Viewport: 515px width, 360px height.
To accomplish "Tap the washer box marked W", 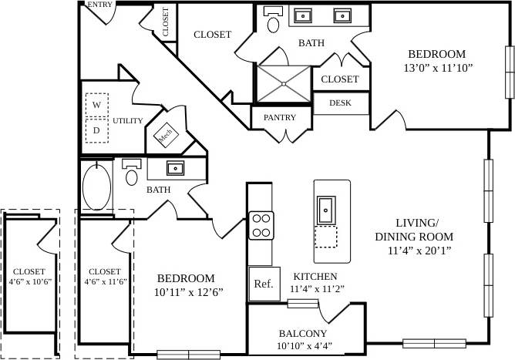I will tap(96, 104).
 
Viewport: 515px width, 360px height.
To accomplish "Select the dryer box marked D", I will tap(96, 130).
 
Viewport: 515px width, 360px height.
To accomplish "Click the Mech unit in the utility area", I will tap(165, 136).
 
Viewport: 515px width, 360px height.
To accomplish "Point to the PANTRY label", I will tap(280, 118).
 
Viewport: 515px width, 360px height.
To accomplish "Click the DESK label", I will tap(340, 103).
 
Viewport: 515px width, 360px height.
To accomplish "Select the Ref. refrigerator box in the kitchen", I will tap(263, 284).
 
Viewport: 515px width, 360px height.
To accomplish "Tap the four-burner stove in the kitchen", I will tap(261, 225).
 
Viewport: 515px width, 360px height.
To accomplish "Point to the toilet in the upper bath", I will tap(273, 21).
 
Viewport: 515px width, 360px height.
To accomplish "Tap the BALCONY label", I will tap(303, 334).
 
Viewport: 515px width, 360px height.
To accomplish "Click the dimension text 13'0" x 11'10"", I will tap(437, 68).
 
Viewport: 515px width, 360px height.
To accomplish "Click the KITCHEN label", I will tap(315, 276).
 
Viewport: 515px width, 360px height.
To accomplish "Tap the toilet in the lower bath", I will tap(132, 174).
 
